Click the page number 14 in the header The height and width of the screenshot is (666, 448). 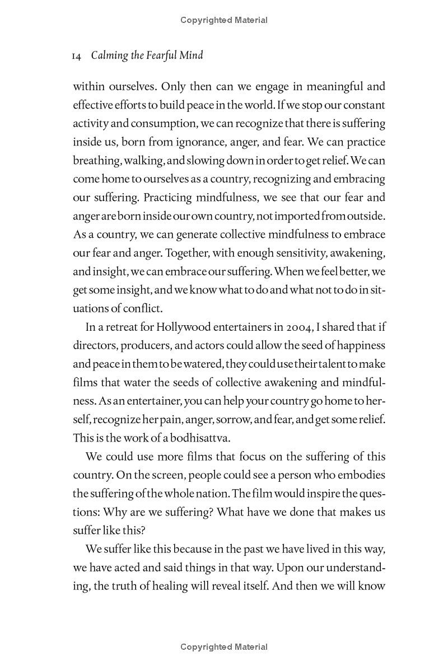tap(78, 56)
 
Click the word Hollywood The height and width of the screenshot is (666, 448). tap(192, 327)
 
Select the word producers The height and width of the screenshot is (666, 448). tap(144, 346)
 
